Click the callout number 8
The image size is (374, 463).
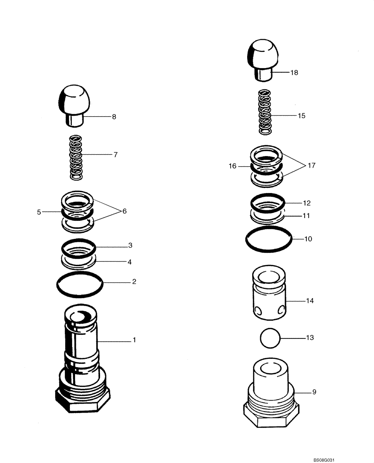(x=114, y=117)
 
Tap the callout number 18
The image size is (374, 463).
(x=294, y=73)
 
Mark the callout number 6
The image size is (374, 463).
(x=124, y=211)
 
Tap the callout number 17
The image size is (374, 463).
(x=312, y=165)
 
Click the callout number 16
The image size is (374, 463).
(x=232, y=165)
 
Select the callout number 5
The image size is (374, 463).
(x=39, y=212)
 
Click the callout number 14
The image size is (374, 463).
(x=310, y=301)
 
